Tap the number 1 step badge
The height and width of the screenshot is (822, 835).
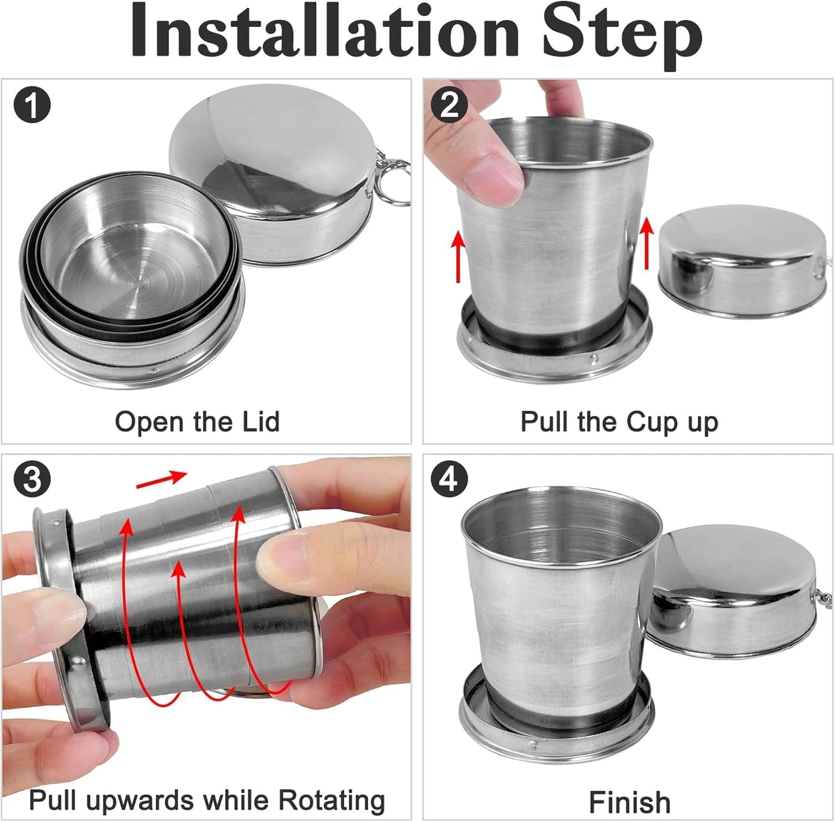32,106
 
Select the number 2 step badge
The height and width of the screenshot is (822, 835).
449,105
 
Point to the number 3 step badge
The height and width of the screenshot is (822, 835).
32,479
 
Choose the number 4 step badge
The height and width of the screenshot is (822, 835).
449,479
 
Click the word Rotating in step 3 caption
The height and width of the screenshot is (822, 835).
332,801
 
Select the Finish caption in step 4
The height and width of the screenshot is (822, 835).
629,802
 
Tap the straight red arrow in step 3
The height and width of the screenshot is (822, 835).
161,480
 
